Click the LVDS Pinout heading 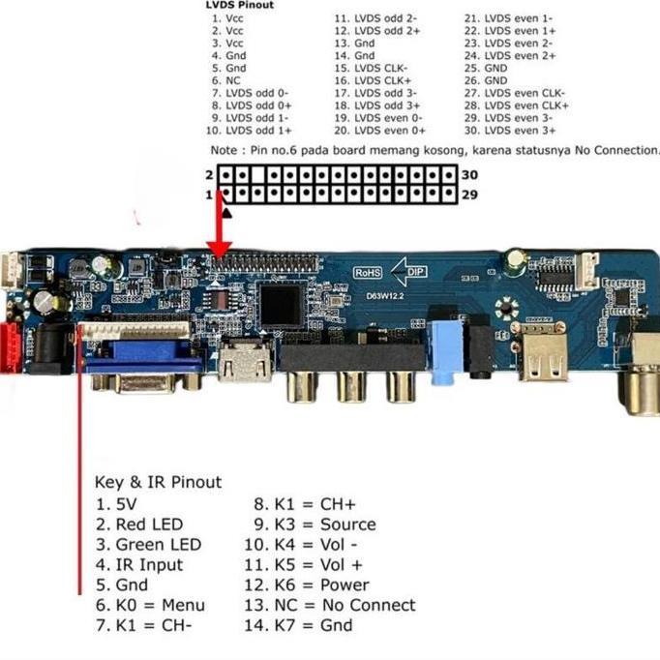click(x=240, y=5)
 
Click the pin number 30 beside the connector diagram click(x=469, y=174)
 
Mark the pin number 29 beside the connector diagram click(x=469, y=195)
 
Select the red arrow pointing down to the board click(x=221, y=232)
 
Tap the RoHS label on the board click(x=367, y=273)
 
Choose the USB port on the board click(x=543, y=365)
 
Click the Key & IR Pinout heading click(x=158, y=482)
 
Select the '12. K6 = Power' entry click(x=306, y=585)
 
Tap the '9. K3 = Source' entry click(x=314, y=525)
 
